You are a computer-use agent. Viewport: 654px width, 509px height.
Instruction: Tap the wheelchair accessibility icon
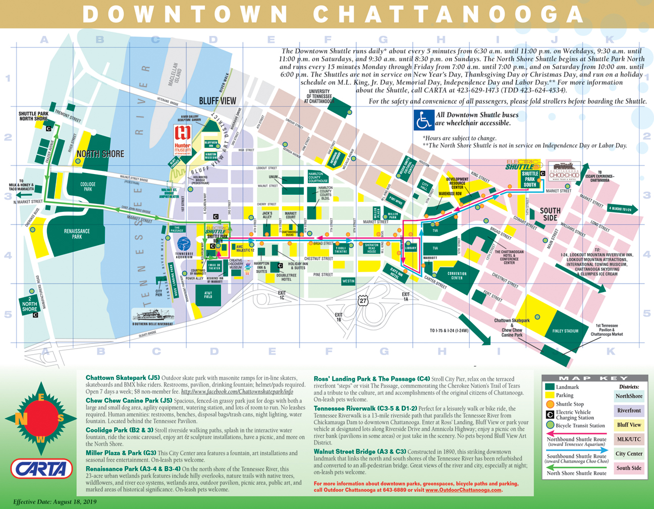[x=423, y=120]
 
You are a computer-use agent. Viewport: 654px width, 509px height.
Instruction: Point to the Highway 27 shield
[x=362, y=301]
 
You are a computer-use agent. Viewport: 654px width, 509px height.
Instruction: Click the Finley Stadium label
[x=565, y=331]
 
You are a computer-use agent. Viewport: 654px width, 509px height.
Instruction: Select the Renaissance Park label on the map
[x=77, y=234]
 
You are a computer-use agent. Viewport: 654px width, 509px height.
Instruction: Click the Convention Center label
[x=457, y=276]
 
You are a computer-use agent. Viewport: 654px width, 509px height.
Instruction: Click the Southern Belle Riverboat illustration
[x=152, y=316]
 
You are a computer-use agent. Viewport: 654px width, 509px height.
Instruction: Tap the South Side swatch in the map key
[x=629, y=468]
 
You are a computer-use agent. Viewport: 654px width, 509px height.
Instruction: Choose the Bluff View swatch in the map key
[x=629, y=425]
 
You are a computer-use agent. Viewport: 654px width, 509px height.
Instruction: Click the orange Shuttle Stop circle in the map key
[x=550, y=404]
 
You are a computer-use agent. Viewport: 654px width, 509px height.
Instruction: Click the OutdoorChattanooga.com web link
[x=463, y=490]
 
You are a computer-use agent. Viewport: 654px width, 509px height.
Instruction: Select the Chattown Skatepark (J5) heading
[x=123, y=378]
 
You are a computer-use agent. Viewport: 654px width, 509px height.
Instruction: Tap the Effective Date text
[x=54, y=502]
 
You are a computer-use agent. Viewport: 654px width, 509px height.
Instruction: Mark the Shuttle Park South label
[x=530, y=179]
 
